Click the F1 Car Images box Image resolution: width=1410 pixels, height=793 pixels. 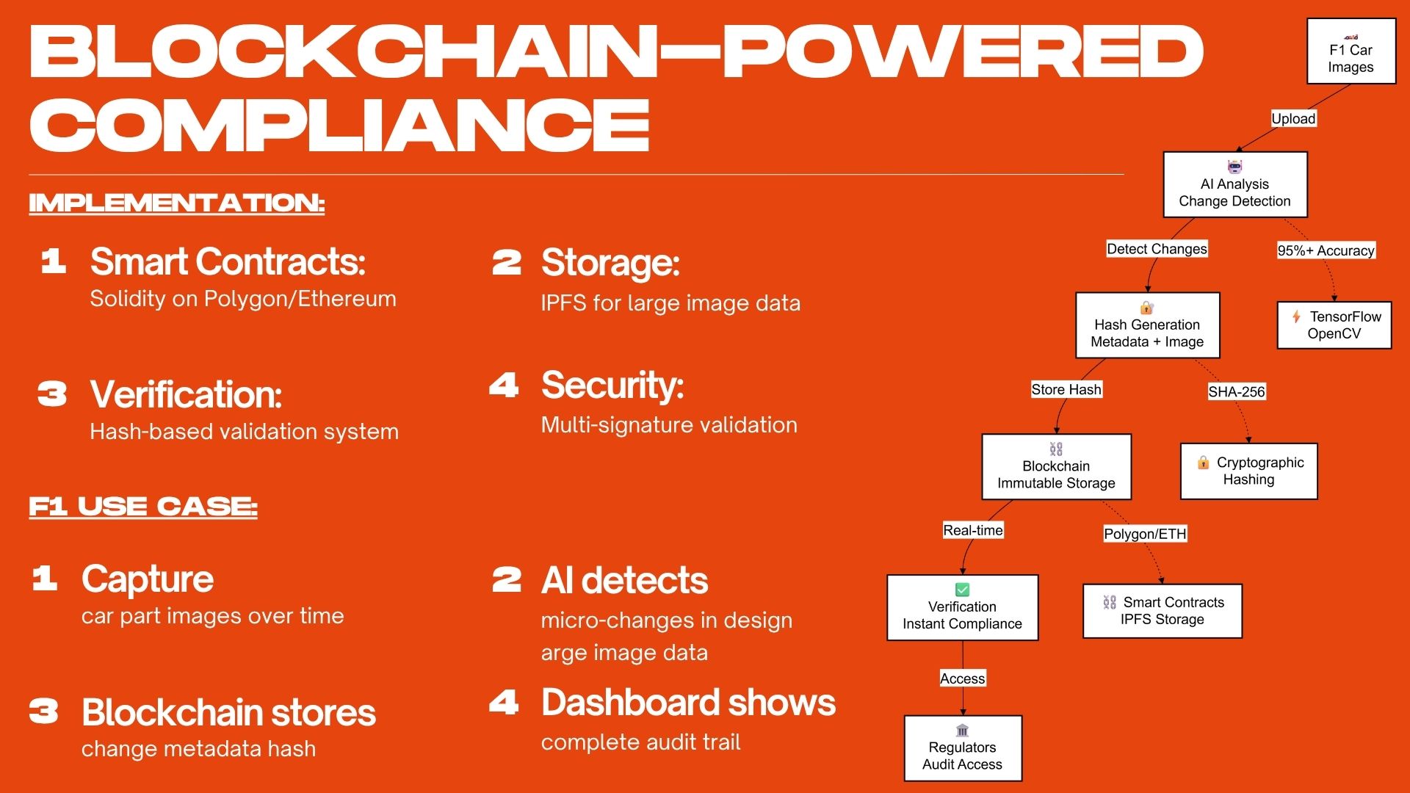point(1351,51)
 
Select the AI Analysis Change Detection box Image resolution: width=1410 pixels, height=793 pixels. point(1234,185)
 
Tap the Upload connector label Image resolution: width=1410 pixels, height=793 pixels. point(1293,119)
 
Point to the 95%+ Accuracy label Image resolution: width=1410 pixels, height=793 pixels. point(1326,250)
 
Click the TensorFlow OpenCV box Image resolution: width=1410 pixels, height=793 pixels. point(1334,325)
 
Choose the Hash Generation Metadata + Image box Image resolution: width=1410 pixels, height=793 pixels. point(1147,326)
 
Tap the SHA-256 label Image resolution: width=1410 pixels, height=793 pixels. point(1237,392)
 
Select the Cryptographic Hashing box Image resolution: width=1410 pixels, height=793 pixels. point(1248,471)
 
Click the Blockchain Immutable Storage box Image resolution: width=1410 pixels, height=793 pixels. point(1056,467)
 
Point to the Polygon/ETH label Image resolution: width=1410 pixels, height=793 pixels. point(1145,534)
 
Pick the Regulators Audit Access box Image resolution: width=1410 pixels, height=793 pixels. point(962,749)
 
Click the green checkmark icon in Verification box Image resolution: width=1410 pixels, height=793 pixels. point(962,590)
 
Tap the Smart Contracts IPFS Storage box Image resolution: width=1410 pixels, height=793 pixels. point(1162,611)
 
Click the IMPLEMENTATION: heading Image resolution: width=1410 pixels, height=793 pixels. point(176,203)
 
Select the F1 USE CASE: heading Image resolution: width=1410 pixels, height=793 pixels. point(143,507)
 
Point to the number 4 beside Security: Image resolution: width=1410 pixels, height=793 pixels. point(504,385)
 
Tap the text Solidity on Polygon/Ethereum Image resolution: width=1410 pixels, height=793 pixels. point(243,299)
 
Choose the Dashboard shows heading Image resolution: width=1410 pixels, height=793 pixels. point(688,703)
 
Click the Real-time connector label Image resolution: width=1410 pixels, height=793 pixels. point(972,530)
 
